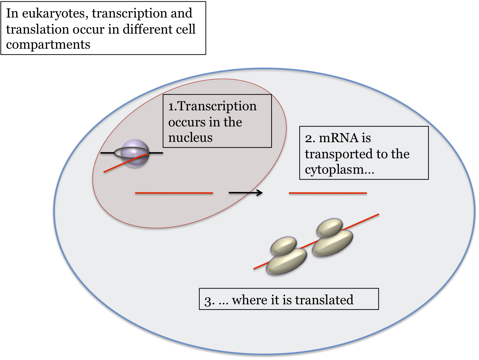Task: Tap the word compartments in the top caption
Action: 48,45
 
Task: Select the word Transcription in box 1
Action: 217,106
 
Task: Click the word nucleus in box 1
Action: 190,138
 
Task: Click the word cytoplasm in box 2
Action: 334,170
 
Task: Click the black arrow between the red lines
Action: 246,193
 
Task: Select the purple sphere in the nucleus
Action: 135,153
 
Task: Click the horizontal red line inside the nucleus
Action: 174,193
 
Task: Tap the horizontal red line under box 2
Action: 328,193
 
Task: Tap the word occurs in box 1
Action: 187,122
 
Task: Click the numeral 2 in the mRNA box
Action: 308,138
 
